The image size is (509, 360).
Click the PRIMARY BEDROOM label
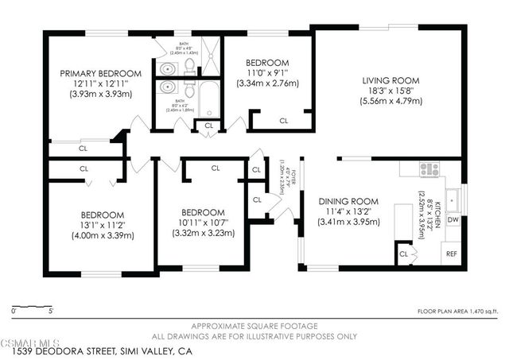point(95,73)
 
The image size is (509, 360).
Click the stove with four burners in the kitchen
point(429,168)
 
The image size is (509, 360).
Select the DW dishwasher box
point(453,219)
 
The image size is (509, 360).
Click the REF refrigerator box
point(451,254)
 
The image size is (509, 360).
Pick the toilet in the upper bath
point(188,68)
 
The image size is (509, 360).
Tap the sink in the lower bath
point(168,87)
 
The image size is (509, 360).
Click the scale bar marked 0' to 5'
point(33,305)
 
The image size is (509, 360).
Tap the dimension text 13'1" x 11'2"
point(101,225)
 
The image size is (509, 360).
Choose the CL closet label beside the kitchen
point(404,254)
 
